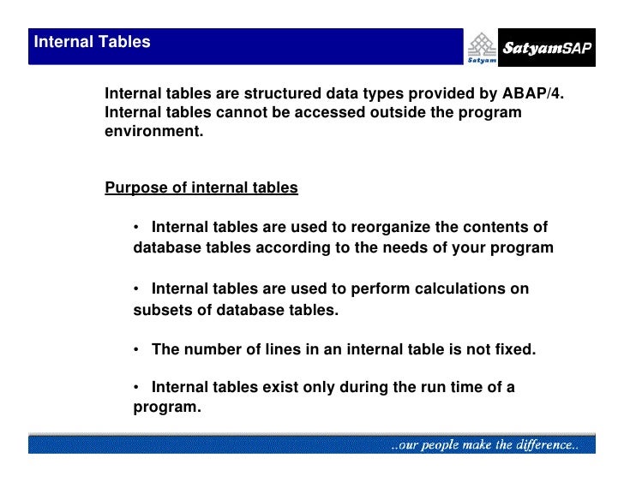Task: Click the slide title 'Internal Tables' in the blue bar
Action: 92,42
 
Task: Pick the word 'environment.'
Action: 153,133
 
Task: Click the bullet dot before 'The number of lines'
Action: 137,349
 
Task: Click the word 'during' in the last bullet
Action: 363,387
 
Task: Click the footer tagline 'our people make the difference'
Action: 485,445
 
